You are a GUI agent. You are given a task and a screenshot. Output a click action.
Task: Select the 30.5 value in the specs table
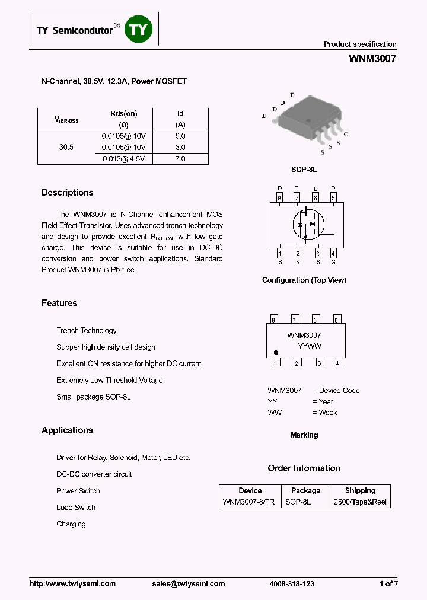tap(66, 147)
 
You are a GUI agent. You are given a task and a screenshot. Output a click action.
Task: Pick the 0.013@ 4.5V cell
tap(124, 159)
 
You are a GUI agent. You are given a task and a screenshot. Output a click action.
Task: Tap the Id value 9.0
tap(180, 136)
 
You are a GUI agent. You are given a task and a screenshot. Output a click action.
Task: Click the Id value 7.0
tap(180, 159)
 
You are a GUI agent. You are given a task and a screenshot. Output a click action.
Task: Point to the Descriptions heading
tap(68, 193)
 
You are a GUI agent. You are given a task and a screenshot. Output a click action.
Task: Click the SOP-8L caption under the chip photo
tap(304, 170)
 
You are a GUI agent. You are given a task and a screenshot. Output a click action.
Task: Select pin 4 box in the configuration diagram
tap(333, 253)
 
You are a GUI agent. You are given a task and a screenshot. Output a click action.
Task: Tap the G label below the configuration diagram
tap(333, 262)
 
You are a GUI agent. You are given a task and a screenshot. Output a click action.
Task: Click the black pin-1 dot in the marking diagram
tap(276, 352)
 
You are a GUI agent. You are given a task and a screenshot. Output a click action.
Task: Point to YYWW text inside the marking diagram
tap(309, 346)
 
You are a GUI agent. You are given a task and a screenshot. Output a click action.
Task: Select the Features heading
tap(59, 303)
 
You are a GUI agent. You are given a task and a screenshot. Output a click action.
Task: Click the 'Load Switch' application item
tap(76, 508)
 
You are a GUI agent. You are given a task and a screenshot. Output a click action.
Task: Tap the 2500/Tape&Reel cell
tap(360, 502)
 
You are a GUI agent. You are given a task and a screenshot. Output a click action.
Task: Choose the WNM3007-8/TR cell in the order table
tap(248, 502)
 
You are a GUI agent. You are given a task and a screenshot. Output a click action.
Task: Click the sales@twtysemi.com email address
tap(187, 584)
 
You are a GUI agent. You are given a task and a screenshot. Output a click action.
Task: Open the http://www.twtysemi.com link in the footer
tap(72, 584)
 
